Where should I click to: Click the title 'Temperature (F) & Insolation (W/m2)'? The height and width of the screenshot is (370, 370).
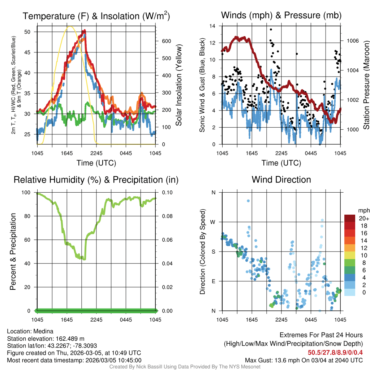[96, 16]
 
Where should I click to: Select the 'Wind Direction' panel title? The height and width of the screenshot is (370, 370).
[281, 180]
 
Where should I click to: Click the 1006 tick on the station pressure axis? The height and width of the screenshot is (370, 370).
[352, 41]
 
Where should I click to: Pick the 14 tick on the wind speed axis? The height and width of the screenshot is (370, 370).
[212, 26]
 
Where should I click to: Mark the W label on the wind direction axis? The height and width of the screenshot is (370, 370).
[213, 222]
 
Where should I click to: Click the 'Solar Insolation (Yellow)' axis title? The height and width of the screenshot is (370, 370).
[178, 85]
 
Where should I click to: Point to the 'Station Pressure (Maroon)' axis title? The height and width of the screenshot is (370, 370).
[366, 85]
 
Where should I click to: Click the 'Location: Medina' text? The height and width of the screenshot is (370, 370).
[30, 331]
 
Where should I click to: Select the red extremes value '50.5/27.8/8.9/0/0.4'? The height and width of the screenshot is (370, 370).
[335, 352]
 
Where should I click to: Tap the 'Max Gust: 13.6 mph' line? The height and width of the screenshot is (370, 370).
[304, 360]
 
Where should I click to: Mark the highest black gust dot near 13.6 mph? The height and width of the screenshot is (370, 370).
[271, 30]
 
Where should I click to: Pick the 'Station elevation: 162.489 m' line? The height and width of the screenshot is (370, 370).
[46, 339]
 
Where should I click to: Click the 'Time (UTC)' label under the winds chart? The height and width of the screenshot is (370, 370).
[281, 163]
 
